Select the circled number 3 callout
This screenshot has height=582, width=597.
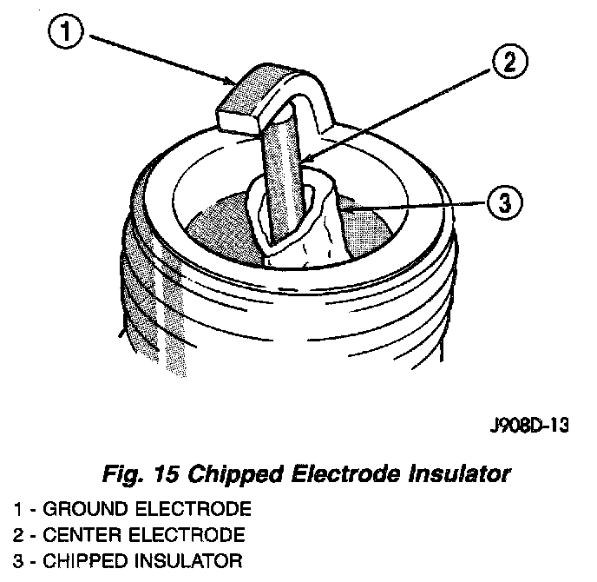[506, 204]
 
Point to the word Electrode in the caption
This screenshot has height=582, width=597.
[338, 475]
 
